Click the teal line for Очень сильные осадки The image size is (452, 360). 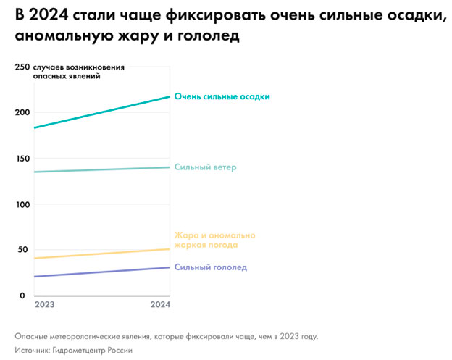(101, 112)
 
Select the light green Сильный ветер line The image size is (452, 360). (101, 169)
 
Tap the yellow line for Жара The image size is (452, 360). (101, 254)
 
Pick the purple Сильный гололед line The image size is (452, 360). (101, 272)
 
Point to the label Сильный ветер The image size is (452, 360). (206, 167)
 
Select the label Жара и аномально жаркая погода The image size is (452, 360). (214, 240)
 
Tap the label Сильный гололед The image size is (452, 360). (211, 267)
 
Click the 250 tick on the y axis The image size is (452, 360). (22, 67)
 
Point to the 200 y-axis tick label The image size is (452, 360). (22, 112)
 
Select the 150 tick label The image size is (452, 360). (22, 159)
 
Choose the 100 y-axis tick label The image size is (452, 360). (22, 204)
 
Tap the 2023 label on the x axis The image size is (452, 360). (45, 306)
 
